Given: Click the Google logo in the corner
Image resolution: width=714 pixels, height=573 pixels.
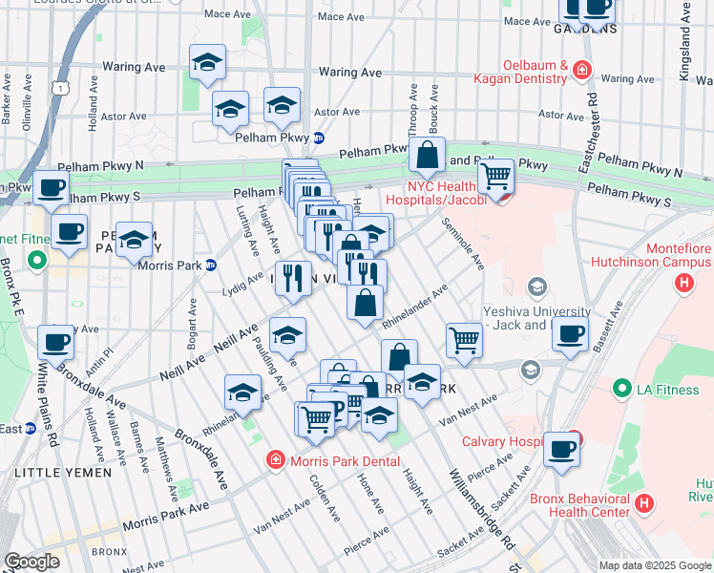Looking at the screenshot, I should (31, 562).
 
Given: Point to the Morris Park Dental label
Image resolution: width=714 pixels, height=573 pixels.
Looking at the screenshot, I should (332, 460).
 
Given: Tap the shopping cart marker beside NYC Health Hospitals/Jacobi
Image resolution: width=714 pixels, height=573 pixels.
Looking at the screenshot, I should (495, 177).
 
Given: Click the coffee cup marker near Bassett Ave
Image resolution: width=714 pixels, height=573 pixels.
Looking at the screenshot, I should (570, 335).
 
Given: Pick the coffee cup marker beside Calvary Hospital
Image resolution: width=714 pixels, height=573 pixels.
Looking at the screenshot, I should (561, 450).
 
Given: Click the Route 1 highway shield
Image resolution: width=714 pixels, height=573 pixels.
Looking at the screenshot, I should (61, 88).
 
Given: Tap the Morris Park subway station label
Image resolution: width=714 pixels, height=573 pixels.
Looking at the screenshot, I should (169, 265).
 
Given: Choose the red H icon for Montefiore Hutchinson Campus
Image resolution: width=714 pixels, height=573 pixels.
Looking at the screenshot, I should (683, 283).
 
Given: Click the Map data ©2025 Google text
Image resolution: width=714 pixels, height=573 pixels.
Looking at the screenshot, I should (654, 565).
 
